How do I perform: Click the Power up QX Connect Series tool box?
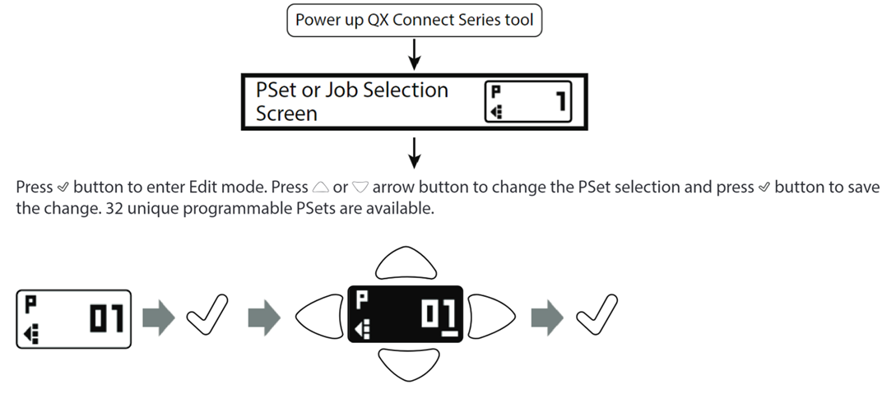[x=415, y=21]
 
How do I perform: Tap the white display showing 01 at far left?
[x=72, y=318]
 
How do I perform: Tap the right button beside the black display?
[x=492, y=316]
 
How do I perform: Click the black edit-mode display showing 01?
[x=406, y=316]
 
